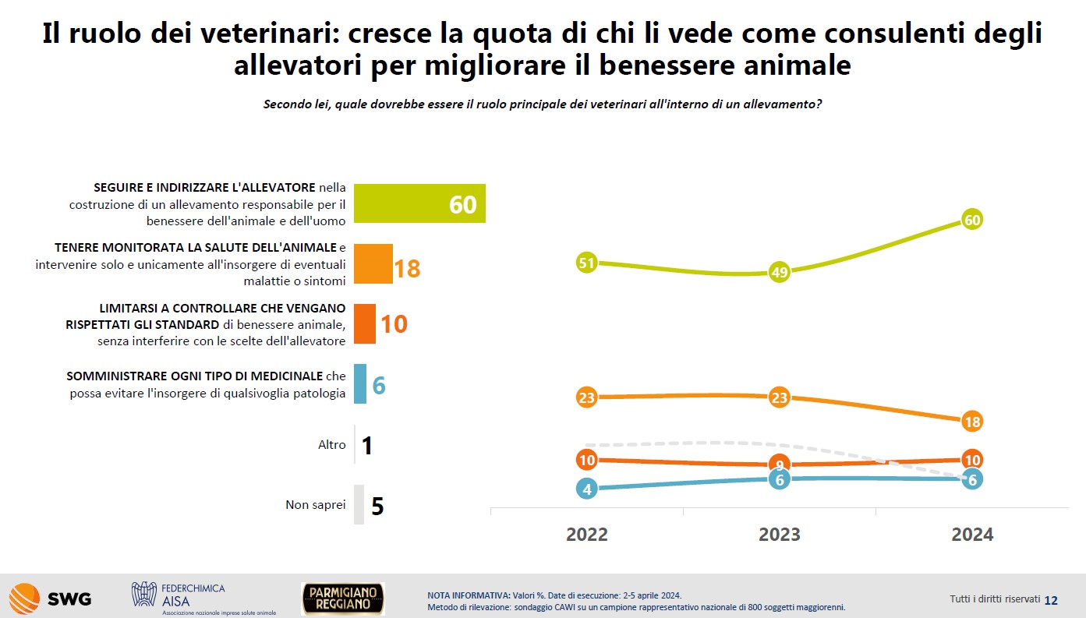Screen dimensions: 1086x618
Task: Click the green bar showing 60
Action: pyautogui.click(x=419, y=203)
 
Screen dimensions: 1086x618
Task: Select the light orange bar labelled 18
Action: pyautogui.click(x=373, y=263)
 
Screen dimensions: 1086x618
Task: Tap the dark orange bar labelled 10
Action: pyautogui.click(x=365, y=323)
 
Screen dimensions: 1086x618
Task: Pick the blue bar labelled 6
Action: pyautogui.click(x=360, y=384)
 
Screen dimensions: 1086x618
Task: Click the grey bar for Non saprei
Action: pyautogui.click(x=359, y=504)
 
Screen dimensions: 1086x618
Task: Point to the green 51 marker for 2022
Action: pyautogui.click(x=586, y=263)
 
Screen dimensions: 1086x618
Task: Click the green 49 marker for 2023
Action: pyautogui.click(x=780, y=272)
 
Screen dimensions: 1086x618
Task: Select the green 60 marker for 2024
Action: pyautogui.click(x=972, y=220)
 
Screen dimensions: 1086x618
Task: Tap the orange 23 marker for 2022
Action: pyautogui.click(x=586, y=397)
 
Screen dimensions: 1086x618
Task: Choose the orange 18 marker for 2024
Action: pyautogui.click(x=972, y=421)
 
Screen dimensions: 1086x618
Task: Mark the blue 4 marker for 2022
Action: pyautogui.click(x=586, y=489)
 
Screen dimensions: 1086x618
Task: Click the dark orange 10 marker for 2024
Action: pyautogui.click(x=972, y=460)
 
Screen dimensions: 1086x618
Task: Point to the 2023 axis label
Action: pyautogui.click(x=780, y=534)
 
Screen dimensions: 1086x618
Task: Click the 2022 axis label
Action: pyautogui.click(x=586, y=534)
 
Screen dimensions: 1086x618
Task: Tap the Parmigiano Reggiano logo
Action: pyautogui.click(x=343, y=599)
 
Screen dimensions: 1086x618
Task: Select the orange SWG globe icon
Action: pyautogui.click(x=25, y=599)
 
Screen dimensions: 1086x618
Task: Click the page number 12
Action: pyautogui.click(x=1051, y=600)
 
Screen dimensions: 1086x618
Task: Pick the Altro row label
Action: pyautogui.click(x=331, y=444)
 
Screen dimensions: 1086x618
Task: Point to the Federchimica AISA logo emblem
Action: pyautogui.click(x=144, y=594)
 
